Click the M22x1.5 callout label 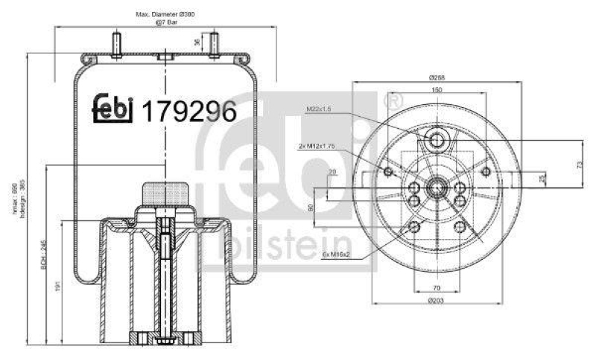click(x=317, y=109)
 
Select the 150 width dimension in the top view click(x=437, y=89)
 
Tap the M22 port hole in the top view click(x=437, y=139)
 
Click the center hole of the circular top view click(x=437, y=186)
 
